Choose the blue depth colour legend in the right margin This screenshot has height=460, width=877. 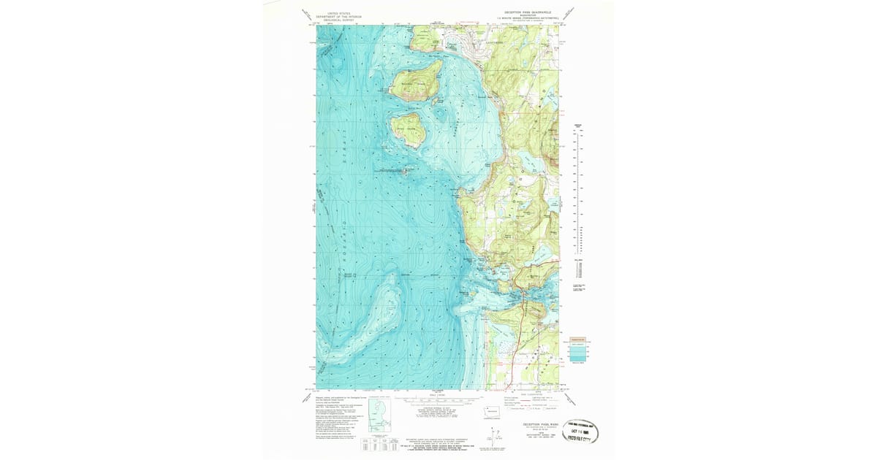click(x=578, y=350)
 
